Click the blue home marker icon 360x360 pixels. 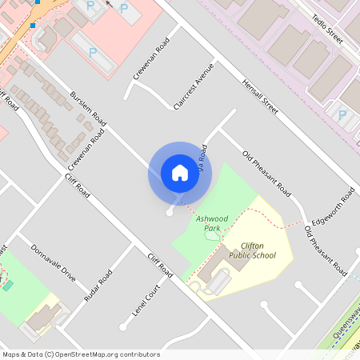(x=179, y=173)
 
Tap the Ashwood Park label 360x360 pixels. (x=212, y=222)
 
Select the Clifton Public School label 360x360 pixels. (x=252, y=250)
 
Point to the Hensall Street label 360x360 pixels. (x=260, y=97)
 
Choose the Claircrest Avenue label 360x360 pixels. (x=194, y=86)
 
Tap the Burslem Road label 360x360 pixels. (x=88, y=108)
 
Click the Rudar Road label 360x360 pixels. (x=98, y=284)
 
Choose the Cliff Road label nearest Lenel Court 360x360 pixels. (x=160, y=266)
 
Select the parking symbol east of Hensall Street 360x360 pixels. (x=342, y=114)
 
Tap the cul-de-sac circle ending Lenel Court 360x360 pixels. (x=122, y=326)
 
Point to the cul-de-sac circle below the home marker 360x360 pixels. (x=168, y=213)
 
